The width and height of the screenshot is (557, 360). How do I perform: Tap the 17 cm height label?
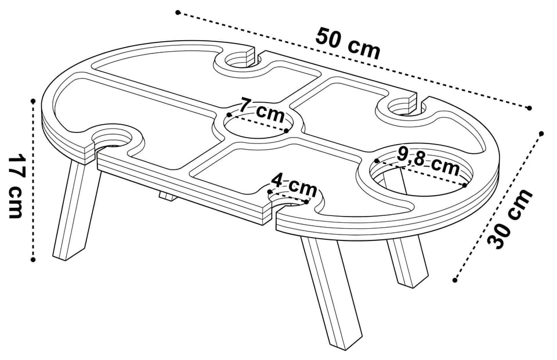pos(16,186)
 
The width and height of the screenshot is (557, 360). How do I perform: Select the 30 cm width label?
pos(510,218)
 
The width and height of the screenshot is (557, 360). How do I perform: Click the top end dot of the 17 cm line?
pos(33,101)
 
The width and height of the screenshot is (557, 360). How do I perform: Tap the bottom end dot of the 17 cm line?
pos(33,260)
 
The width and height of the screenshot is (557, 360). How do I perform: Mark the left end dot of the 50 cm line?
pos(178,13)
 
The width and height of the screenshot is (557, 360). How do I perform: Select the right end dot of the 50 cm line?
pos(529,107)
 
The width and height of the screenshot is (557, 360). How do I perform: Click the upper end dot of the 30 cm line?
pos(541,134)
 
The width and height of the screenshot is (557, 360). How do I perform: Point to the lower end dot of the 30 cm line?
pos(455,280)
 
